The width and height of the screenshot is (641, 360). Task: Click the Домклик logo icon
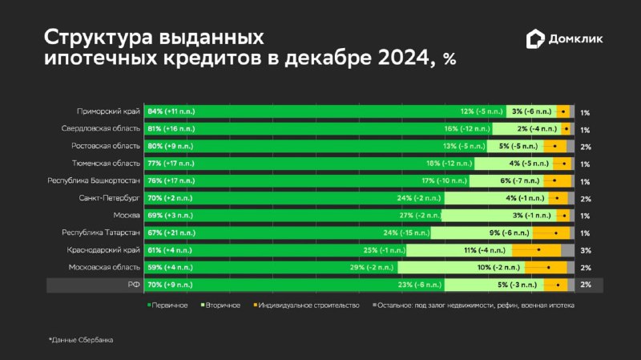coord(535,38)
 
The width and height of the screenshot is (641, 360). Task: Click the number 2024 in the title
coord(403,58)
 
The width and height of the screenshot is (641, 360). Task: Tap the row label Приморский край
coord(108,111)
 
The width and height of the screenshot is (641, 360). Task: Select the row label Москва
coord(127,215)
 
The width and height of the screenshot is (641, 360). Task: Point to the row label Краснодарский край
coord(103,250)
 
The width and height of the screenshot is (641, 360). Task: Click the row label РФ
coord(134,285)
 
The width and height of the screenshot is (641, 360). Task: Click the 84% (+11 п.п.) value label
coord(171,111)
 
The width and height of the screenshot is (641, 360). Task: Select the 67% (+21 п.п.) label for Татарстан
coord(171,233)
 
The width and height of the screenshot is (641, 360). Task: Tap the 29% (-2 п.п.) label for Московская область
coord(372,268)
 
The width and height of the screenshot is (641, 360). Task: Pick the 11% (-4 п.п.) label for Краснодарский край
coord(485,250)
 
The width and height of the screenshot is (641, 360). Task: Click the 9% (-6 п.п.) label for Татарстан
coord(510,233)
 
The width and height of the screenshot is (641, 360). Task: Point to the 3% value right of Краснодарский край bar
coord(586,250)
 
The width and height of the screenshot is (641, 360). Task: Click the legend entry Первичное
coord(167,305)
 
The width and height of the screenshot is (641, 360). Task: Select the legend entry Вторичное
coord(221,305)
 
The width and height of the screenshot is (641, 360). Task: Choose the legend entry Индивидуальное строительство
coord(307,305)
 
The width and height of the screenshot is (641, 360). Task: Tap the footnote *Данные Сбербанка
coord(81,340)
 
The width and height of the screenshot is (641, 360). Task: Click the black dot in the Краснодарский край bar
coord(538,249)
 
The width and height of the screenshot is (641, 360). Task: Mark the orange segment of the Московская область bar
coord(546,268)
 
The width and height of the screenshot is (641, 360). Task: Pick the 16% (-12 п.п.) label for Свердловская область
coord(467,128)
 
